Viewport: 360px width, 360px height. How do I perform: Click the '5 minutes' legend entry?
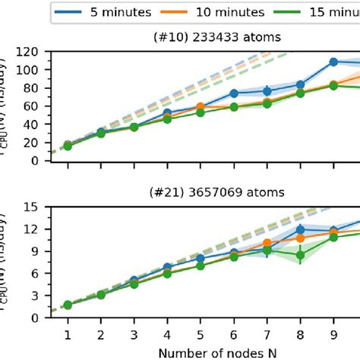[114, 13]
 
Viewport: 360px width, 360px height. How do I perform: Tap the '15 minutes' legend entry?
[327, 13]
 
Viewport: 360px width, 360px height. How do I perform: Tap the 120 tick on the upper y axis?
[35, 52]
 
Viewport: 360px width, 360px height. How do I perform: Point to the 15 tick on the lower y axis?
[38, 207]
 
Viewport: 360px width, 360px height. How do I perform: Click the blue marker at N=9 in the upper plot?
[333, 62]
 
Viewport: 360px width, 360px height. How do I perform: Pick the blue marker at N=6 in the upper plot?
[234, 93]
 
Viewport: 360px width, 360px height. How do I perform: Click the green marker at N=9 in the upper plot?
[333, 86]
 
